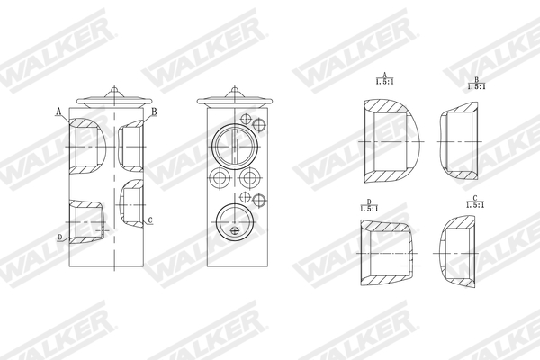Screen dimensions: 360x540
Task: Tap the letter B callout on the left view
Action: pyautogui.click(x=154, y=111)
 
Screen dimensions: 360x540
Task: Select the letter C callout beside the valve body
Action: pyautogui.click(x=149, y=220)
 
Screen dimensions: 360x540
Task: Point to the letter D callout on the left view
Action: pyautogui.click(x=59, y=237)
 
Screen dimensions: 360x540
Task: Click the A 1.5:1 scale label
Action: pyautogui.click(x=384, y=80)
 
